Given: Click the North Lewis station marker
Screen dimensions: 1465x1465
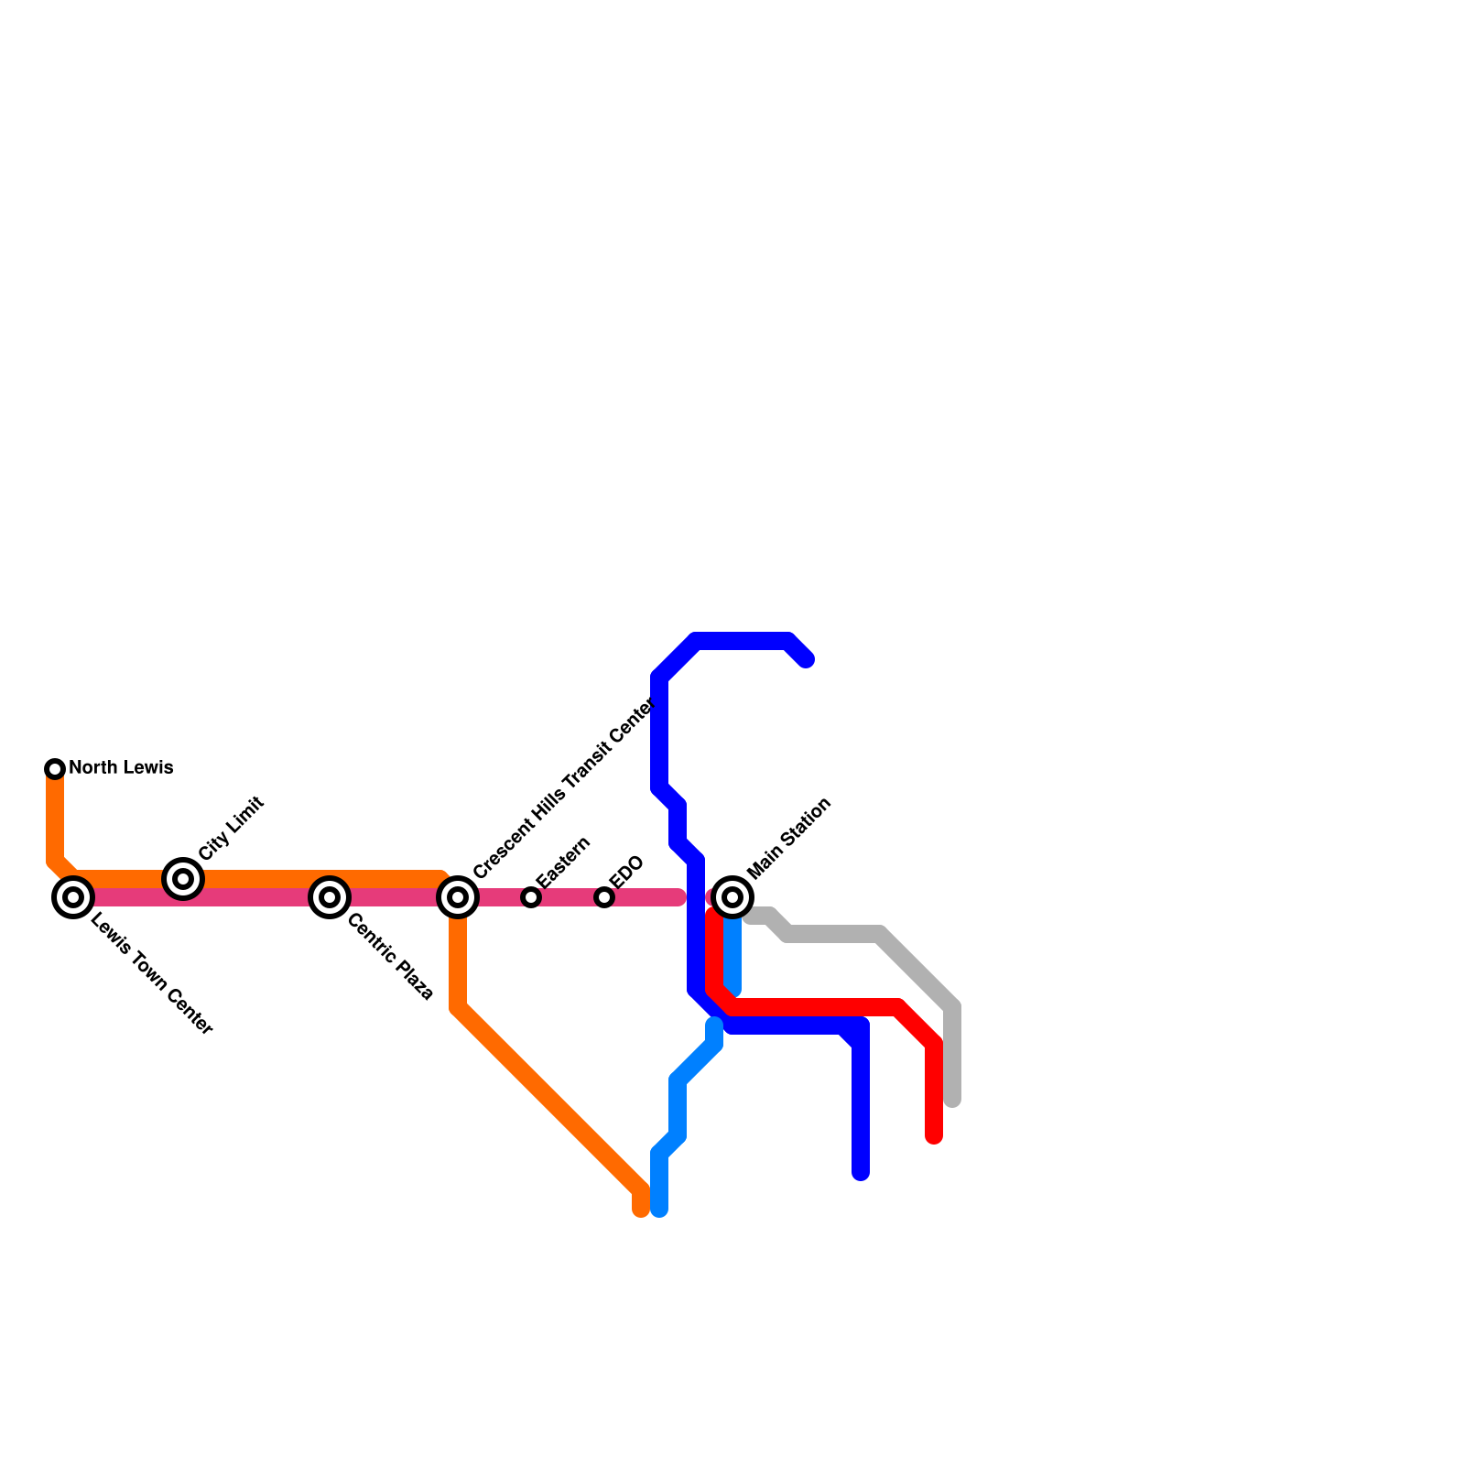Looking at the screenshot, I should pos(55,768).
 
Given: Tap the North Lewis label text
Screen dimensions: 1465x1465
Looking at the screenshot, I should pos(121,768).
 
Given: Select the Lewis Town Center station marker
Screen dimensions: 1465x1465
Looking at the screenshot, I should pos(73,897).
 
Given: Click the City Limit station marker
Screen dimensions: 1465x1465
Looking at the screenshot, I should pos(183,879).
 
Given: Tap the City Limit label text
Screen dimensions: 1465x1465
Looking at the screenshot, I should pos(231,828).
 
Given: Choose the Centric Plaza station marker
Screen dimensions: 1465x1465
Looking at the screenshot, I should pos(330,897).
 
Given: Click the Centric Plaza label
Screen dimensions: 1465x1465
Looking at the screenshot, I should pos(390,957).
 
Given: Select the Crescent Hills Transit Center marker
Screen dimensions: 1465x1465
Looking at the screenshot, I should pos(458,897).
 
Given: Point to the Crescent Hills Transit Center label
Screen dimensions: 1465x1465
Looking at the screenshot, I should pos(564,787).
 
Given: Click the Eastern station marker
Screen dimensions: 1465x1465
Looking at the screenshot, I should pos(531,897).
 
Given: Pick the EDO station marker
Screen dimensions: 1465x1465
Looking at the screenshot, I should pos(604,897).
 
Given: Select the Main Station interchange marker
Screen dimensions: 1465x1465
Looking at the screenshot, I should pos(732,897).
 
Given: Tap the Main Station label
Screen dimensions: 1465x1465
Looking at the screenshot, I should pos(789,837).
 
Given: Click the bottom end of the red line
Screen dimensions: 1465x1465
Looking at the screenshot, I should pos(934,1138).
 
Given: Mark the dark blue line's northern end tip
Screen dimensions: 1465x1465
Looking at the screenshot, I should pos(806,660).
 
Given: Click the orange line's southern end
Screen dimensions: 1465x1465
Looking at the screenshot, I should pos(641,1210).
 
